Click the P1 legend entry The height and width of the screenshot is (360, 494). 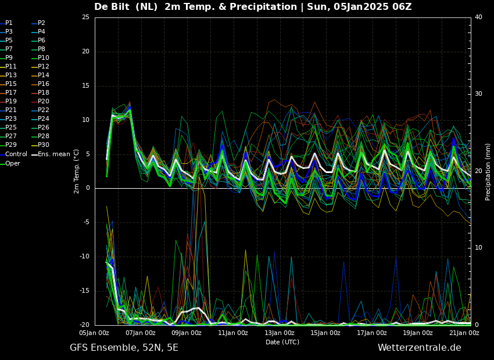pyautogui.click(x=6, y=23)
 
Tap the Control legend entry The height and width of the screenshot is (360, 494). pyautogui.click(x=13, y=154)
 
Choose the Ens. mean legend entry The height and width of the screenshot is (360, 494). pyautogui.click(x=51, y=154)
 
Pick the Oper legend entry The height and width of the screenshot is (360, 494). pyautogui.click(x=10, y=163)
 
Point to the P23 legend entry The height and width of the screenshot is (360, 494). pyautogui.click(x=6, y=118)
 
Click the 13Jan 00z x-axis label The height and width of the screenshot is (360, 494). pyautogui.click(x=280, y=333)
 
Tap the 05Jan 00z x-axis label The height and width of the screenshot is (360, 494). pyautogui.click(x=95, y=333)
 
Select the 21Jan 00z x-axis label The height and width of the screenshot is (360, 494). pyautogui.click(x=464, y=333)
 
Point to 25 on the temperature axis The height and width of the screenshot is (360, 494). pyautogui.click(x=85, y=17)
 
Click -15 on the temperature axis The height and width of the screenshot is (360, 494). pyautogui.click(x=84, y=291)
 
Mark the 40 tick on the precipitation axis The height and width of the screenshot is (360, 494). pyautogui.click(x=478, y=17)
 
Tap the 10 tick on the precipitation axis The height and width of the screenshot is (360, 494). pyautogui.click(x=478, y=248)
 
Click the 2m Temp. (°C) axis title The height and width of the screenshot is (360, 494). pyautogui.click(x=77, y=171)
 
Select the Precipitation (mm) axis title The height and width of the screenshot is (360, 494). pyautogui.click(x=488, y=171)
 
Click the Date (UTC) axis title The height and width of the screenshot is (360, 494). pyautogui.click(x=282, y=342)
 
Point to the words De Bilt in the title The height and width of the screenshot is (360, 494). pyautogui.click(x=112, y=6)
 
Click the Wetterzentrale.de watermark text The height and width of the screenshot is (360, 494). pyautogui.click(x=420, y=347)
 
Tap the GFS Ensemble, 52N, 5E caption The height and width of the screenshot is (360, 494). pyautogui.click(x=124, y=348)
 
